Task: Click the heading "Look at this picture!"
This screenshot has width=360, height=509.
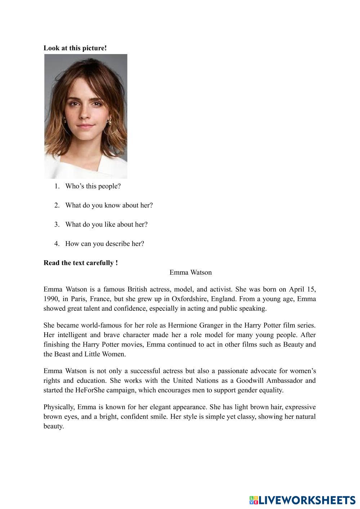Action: coord(75,48)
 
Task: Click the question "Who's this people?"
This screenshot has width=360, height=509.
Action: coord(93,186)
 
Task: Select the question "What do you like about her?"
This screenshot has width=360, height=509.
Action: coord(106,224)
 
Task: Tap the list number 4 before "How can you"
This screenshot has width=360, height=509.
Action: coord(57,244)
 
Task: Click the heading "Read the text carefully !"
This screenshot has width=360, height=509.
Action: coord(81,263)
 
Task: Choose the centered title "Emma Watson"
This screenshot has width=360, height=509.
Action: coord(191,272)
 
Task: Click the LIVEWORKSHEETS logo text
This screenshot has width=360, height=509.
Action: coord(306,500)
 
